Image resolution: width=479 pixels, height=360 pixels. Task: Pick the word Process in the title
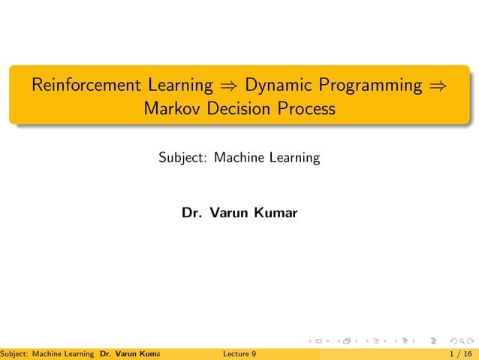pos(306,109)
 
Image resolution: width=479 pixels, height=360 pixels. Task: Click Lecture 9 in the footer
pos(240,352)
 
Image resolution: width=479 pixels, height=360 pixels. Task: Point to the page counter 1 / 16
pos(460,352)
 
